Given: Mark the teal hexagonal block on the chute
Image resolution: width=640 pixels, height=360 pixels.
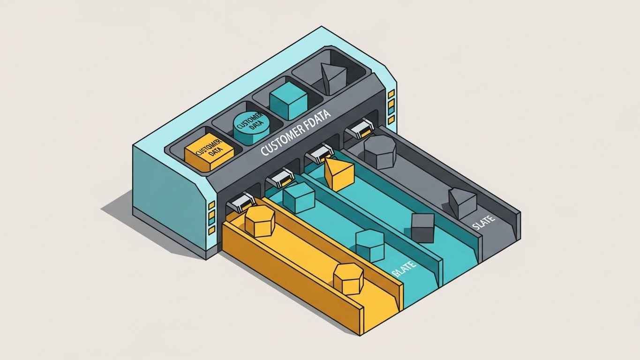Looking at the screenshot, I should click(x=370, y=245).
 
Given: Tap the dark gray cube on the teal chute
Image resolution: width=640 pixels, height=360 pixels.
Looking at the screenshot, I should click(x=422, y=227).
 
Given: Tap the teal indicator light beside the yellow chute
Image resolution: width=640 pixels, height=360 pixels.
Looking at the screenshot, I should click(x=211, y=217).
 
